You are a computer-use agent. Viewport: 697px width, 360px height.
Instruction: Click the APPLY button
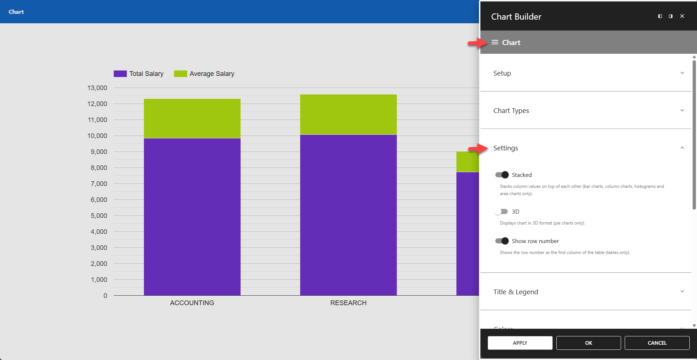click(520, 343)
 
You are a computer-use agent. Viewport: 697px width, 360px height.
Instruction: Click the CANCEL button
click(657, 343)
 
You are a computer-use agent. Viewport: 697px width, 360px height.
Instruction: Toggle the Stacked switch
click(502, 175)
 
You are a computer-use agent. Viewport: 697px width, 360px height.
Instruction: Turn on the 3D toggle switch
click(501, 211)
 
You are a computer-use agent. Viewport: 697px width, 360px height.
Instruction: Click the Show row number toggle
click(502, 241)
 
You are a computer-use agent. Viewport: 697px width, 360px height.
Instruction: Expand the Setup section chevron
click(682, 73)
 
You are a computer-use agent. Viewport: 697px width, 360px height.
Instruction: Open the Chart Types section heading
click(511, 110)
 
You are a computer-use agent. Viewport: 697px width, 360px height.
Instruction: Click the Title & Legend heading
click(515, 292)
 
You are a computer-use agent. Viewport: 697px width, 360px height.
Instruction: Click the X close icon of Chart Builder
click(682, 16)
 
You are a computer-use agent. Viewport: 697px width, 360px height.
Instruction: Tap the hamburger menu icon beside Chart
click(495, 43)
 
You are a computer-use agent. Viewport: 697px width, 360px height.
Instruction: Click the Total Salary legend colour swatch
click(120, 74)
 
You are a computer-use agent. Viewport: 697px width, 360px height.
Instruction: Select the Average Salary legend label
click(212, 74)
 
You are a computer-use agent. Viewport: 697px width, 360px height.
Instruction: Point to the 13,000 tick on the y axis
click(97, 88)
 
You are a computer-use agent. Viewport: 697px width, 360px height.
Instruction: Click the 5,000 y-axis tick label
click(99, 216)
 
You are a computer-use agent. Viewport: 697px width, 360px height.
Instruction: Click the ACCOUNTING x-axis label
click(192, 303)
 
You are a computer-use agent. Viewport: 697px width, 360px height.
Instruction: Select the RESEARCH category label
click(348, 303)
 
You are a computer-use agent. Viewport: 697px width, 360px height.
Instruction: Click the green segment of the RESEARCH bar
click(348, 114)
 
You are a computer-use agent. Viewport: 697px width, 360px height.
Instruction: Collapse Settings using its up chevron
click(682, 148)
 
